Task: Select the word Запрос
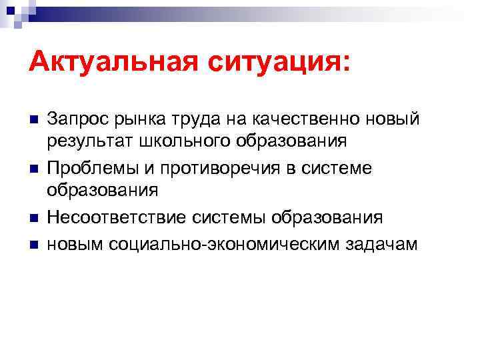(73, 119)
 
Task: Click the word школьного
(172, 141)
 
